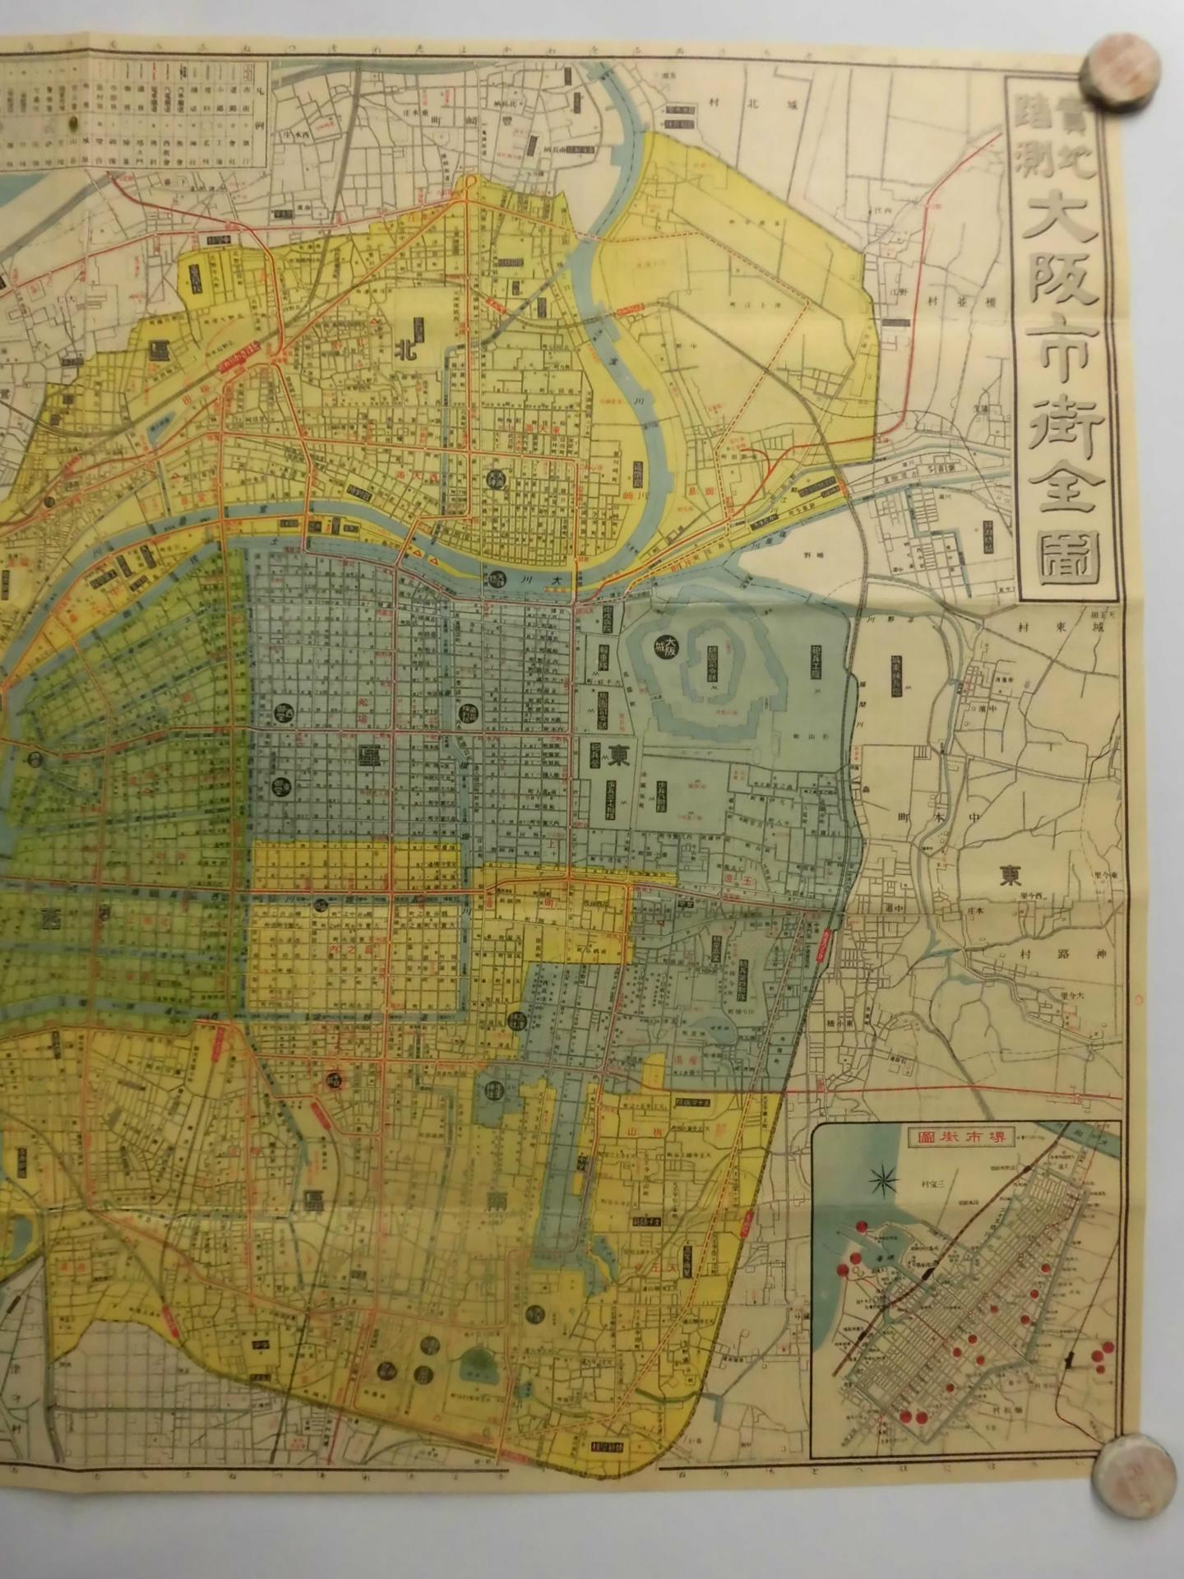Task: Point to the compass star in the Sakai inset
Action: pos(884,1182)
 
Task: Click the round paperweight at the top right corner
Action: pos(1124,68)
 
